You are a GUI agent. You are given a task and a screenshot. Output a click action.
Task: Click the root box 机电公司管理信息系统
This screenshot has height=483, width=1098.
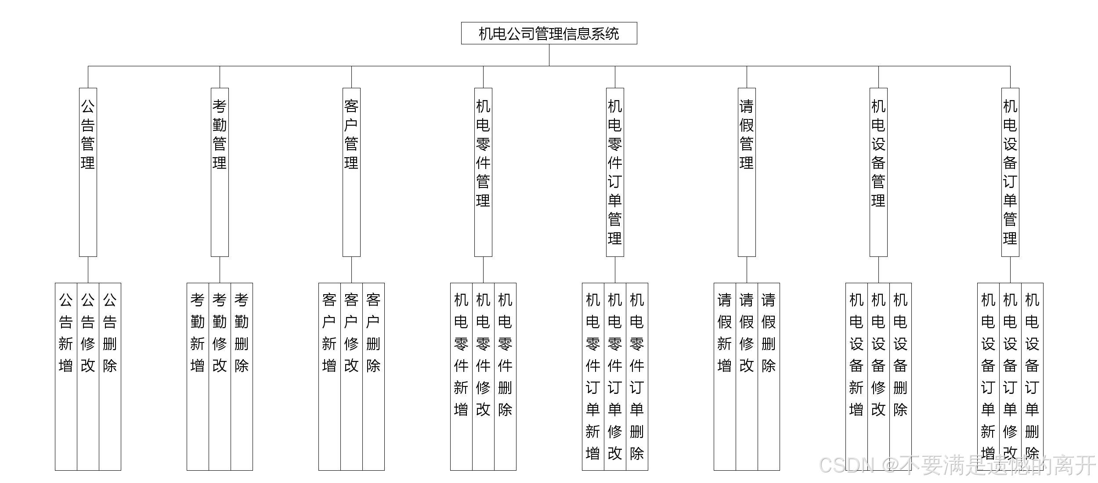tap(549, 33)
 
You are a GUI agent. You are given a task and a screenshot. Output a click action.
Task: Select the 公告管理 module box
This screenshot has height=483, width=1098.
tap(88, 172)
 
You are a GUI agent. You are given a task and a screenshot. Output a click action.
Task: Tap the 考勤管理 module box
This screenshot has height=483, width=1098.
tap(220, 172)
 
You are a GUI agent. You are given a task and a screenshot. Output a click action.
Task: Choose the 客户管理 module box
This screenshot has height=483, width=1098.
tap(351, 172)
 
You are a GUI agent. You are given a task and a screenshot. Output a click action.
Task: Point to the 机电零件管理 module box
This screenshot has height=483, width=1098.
tap(483, 172)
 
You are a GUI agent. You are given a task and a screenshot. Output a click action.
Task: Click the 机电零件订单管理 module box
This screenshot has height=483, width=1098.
tap(615, 172)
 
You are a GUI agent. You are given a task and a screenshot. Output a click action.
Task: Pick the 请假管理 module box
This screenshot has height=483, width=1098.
tap(747, 172)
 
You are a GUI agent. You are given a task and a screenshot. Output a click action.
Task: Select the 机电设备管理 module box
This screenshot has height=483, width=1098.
tap(878, 172)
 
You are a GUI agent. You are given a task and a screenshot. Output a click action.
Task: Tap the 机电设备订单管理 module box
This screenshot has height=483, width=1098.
tap(1010, 172)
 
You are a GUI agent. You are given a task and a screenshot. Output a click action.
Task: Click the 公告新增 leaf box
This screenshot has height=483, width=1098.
tap(66, 376)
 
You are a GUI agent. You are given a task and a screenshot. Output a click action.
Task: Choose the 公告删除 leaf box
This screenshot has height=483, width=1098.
tap(110, 376)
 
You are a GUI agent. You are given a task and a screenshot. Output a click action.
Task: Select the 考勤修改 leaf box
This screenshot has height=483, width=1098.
tap(220, 376)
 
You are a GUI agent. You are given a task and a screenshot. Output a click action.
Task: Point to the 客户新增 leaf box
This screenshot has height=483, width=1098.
tap(329, 376)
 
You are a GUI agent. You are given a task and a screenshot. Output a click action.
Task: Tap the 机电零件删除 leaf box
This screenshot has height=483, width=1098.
tap(505, 376)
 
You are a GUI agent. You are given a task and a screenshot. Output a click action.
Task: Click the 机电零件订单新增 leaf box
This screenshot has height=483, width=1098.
tap(593, 376)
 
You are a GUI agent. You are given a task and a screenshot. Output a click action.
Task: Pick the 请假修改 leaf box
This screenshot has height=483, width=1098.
tap(747, 376)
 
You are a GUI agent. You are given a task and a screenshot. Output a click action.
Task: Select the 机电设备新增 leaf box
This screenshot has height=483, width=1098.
tap(856, 376)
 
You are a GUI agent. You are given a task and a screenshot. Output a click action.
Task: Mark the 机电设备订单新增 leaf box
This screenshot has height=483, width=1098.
tap(988, 376)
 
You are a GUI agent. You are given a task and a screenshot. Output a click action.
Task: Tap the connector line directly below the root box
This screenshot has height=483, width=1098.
tap(549, 55)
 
